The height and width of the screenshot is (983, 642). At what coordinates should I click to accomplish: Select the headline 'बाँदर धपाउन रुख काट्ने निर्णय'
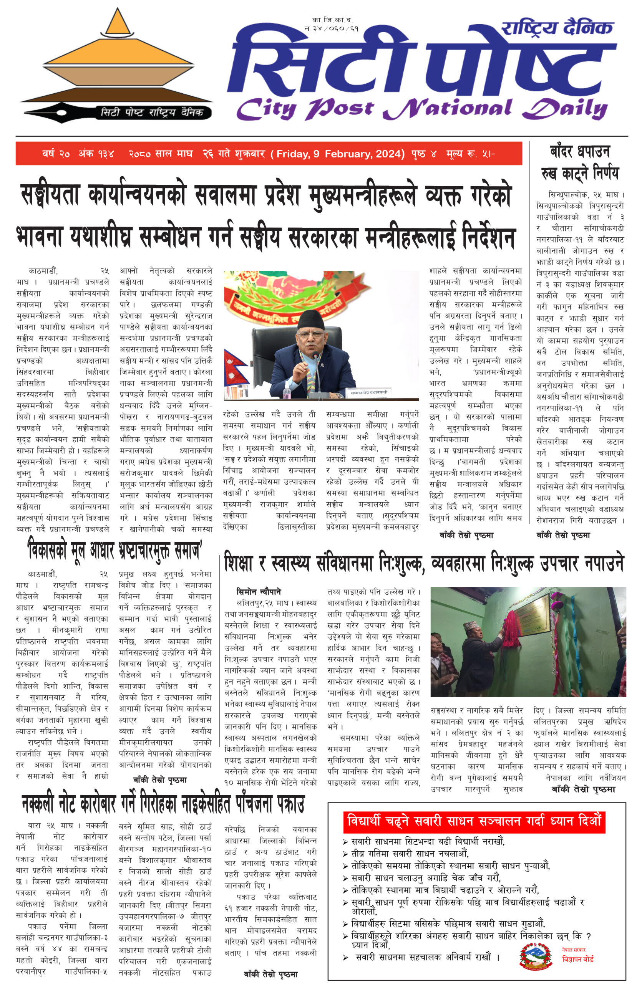coord(580,162)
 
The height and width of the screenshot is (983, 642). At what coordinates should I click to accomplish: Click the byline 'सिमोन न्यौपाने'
coord(259,592)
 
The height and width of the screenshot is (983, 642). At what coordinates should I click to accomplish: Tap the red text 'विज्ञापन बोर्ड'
coord(577,959)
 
